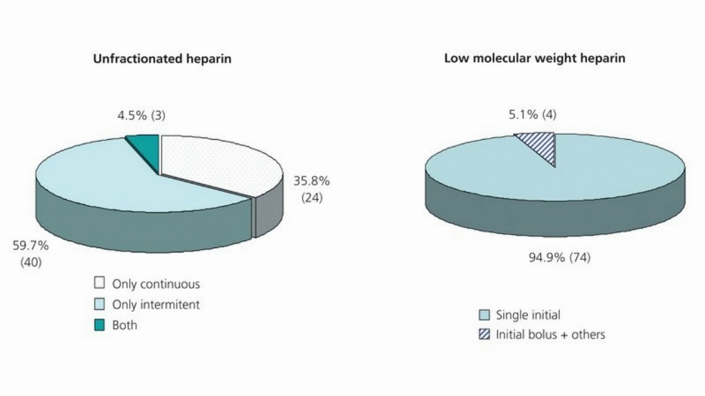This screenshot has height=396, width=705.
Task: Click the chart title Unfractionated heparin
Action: point(162,59)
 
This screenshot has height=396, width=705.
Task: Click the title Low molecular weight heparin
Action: point(534,58)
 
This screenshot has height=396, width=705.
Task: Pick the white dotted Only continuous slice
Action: point(220,162)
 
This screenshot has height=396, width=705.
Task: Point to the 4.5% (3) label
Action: point(141,116)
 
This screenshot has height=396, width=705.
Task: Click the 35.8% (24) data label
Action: point(311,189)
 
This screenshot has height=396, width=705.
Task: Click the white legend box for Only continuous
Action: point(99,284)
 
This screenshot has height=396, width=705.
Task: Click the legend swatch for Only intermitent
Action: point(99,304)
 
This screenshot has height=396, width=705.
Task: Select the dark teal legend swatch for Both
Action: point(99,325)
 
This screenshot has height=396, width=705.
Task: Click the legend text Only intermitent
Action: point(156,305)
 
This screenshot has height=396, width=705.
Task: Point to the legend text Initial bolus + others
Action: point(550,334)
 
